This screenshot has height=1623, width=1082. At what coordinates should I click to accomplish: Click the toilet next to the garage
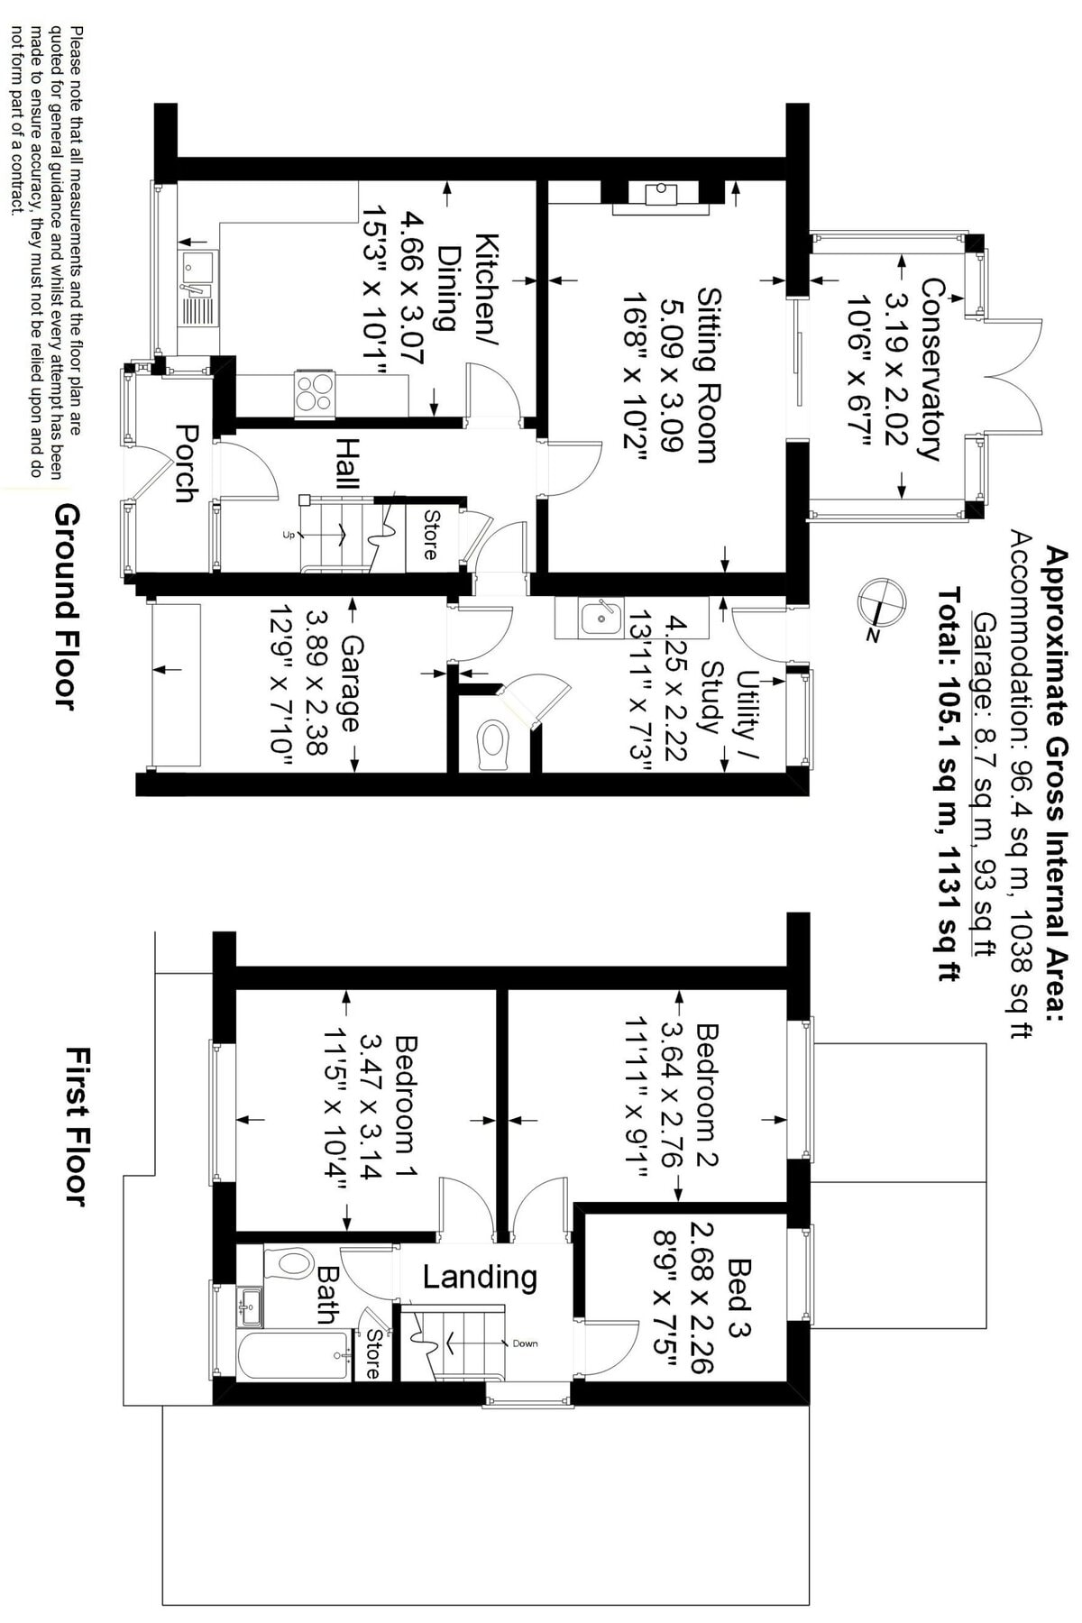[491, 742]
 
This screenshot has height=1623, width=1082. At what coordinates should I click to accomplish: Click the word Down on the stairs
[525, 1343]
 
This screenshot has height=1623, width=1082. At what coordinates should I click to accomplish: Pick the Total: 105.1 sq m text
[949, 784]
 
